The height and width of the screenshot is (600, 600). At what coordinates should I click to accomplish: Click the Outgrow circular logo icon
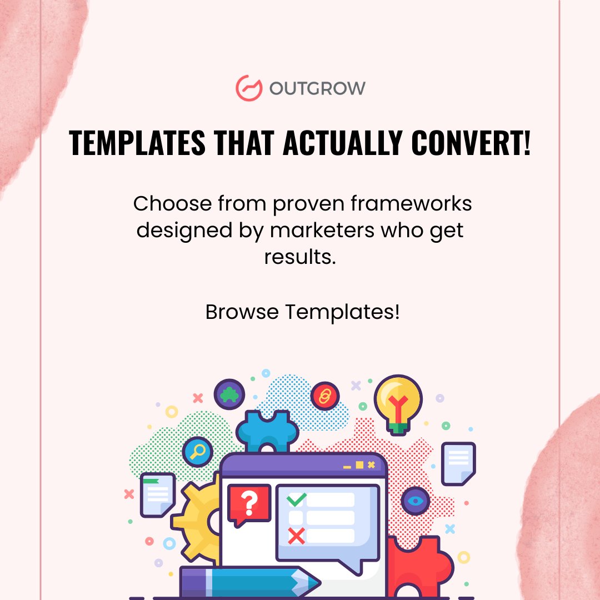[x=249, y=88]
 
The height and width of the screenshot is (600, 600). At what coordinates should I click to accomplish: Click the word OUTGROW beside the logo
[x=317, y=88]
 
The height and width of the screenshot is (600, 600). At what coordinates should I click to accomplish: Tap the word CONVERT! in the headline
[x=471, y=142]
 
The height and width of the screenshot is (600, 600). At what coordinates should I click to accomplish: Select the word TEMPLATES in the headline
[x=137, y=142]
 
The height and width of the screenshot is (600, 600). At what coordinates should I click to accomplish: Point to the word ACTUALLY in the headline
[x=342, y=142]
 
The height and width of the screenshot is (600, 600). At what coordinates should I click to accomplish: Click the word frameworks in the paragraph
[x=411, y=203]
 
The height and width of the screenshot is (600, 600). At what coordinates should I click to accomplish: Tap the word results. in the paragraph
[x=300, y=257]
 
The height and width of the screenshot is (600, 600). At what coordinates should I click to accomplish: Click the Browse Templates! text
[x=302, y=312]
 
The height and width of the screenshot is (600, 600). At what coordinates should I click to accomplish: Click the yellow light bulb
[x=398, y=404]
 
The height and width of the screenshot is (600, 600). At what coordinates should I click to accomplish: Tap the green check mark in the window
[x=296, y=499]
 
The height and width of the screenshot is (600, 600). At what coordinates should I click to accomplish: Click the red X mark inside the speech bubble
[x=296, y=536]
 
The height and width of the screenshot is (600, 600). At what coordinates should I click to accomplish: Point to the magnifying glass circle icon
[x=197, y=452]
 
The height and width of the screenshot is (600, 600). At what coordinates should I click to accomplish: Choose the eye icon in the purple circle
[x=416, y=501]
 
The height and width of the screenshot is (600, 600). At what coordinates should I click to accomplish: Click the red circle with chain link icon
[x=325, y=396]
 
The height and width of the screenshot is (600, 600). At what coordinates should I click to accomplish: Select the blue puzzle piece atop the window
[x=267, y=431]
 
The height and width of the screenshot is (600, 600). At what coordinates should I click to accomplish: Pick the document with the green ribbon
[x=158, y=495]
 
